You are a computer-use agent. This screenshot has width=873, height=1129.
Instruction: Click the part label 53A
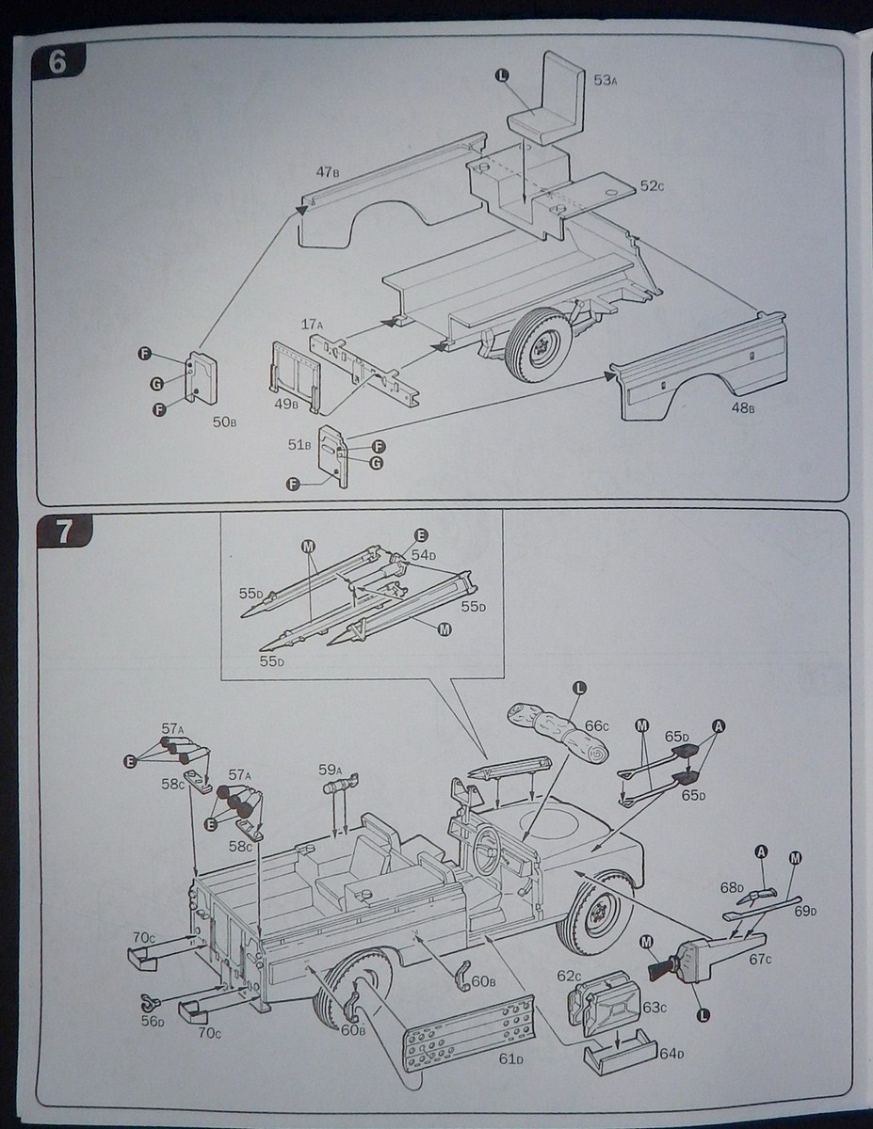tap(604, 81)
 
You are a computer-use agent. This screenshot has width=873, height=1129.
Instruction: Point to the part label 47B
tap(327, 172)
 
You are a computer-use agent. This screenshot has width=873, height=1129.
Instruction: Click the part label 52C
tap(652, 186)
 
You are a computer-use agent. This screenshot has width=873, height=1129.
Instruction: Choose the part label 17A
tap(312, 325)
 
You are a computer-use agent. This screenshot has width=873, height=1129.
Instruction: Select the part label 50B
tap(223, 422)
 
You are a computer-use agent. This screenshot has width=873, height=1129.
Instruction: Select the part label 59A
tap(328, 769)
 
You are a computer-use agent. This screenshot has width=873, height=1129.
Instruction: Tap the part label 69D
tap(805, 911)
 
